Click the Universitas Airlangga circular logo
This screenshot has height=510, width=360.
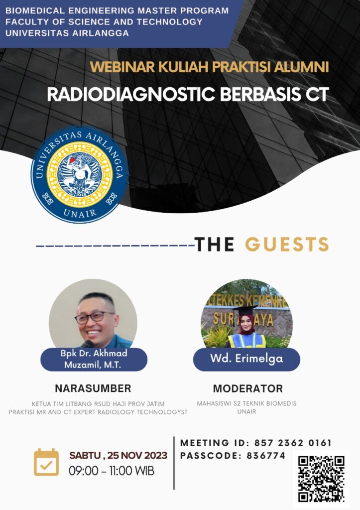tap(79, 175)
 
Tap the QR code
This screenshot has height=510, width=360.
tap(321, 479)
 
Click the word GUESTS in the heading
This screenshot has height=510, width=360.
tap(287, 244)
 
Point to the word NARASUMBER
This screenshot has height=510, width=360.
tap(93, 388)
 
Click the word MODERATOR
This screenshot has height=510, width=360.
tap(248, 388)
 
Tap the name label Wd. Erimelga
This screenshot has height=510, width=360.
tap(246, 359)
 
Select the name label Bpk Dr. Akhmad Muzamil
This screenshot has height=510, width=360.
tap(94, 359)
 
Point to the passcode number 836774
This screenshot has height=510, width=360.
tap(266, 456)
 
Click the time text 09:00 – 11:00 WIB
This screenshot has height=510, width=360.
tap(112, 471)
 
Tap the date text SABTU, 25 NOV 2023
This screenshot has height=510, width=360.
tap(118, 455)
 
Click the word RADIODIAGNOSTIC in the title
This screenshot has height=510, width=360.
tap(131, 94)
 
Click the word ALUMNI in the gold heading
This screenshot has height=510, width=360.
tap(301, 67)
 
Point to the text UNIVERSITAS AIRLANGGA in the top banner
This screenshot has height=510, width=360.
tap(67, 33)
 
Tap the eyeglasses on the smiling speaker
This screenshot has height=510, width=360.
tap(94, 317)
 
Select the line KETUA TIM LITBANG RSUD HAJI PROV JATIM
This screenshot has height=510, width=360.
tap(98, 403)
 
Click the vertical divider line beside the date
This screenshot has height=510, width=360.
tap(174, 463)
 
